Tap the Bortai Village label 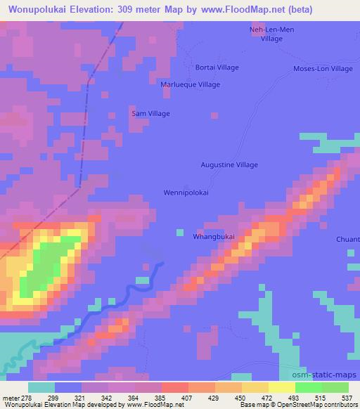click(x=217, y=67)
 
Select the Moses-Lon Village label click(x=323, y=68)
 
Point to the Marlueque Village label click(x=191, y=84)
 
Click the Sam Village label click(x=151, y=113)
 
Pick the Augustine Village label click(x=230, y=164)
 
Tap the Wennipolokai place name click(x=186, y=192)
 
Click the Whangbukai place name click(x=214, y=237)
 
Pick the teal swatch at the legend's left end click(x=41, y=387)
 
